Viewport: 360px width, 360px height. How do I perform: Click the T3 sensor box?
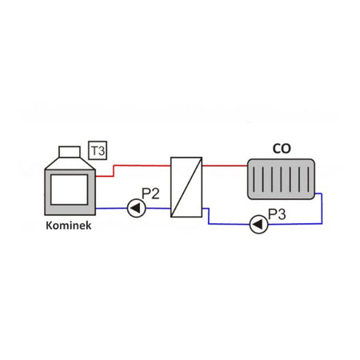(x=98, y=150)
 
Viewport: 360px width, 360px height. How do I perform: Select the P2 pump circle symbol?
(x=136, y=209)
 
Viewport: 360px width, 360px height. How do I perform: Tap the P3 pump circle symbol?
(x=258, y=225)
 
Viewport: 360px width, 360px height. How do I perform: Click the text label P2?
(x=151, y=193)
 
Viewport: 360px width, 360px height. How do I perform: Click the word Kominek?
(x=68, y=226)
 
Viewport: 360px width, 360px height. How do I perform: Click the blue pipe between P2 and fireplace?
(x=112, y=209)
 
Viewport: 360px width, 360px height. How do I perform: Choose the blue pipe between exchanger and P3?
(x=228, y=225)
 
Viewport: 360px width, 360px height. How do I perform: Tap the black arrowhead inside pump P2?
(x=134, y=209)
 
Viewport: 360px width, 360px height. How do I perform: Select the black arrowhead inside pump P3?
(x=257, y=225)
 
